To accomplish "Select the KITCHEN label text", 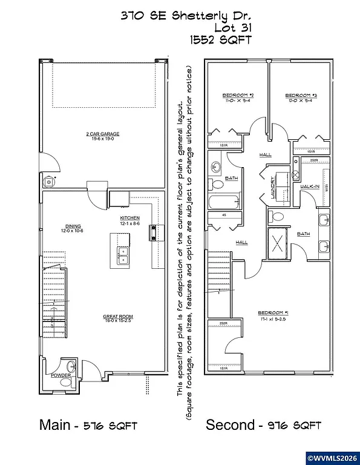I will [x=130, y=218].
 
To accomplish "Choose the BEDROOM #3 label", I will [x=301, y=96].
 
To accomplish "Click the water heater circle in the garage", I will [x=48, y=180].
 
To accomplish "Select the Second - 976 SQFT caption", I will [x=263, y=425].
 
